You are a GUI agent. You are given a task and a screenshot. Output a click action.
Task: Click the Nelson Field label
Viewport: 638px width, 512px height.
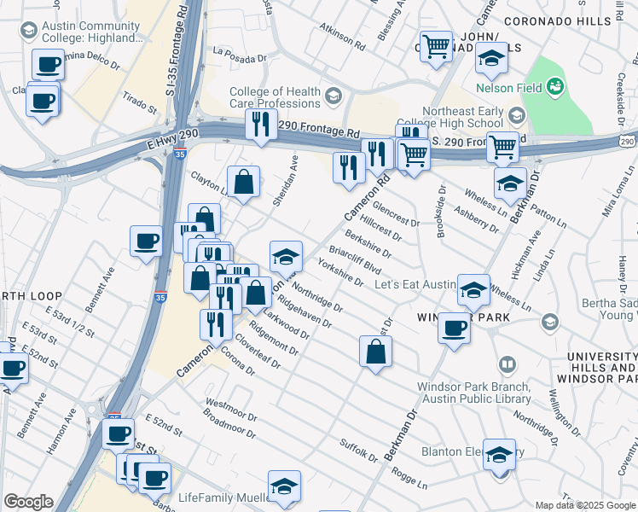(507, 86)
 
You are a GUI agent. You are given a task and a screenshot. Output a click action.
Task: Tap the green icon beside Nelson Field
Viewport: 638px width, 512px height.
(555, 85)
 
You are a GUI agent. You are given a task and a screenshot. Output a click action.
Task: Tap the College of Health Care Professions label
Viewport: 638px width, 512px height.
(275, 97)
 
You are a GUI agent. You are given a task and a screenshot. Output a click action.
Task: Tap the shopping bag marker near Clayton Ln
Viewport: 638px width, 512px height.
(244, 181)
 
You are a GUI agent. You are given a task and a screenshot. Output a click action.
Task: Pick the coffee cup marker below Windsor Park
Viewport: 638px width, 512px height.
(455, 328)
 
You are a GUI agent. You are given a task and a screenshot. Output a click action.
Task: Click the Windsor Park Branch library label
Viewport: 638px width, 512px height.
(473, 392)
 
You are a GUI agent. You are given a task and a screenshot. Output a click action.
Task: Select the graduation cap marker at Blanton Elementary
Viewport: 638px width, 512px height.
(499, 454)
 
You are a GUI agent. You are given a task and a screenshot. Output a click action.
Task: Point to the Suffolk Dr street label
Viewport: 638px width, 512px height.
(357, 451)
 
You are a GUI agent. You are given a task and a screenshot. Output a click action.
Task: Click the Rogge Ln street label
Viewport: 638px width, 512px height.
(409, 479)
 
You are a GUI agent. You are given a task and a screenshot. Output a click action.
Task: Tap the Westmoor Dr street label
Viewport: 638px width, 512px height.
(231, 405)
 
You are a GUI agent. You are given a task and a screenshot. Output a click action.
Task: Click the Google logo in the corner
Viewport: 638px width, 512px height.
(28, 502)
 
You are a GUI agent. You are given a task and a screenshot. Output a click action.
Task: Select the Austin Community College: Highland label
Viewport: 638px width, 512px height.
(94, 32)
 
